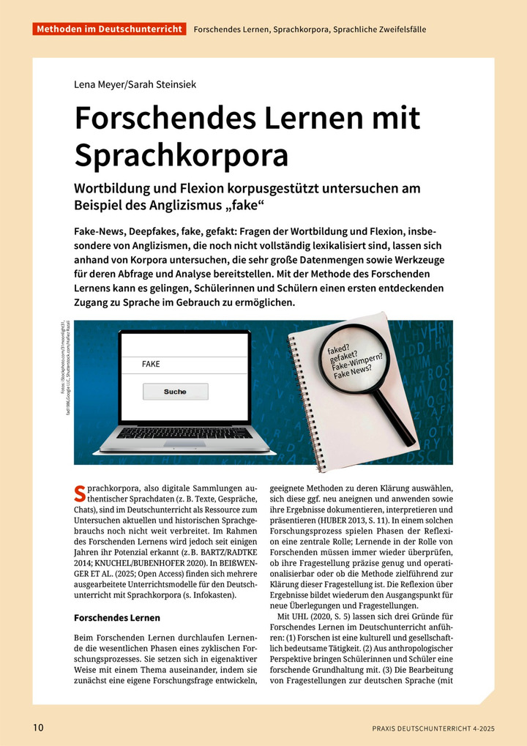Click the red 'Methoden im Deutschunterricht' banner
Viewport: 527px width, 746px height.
click(x=108, y=29)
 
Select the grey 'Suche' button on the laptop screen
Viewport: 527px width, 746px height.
click(x=175, y=392)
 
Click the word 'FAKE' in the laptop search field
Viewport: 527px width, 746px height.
click(x=151, y=364)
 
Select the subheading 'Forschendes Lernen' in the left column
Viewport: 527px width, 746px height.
click(x=117, y=618)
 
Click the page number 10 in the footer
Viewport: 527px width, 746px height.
click(x=38, y=727)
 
